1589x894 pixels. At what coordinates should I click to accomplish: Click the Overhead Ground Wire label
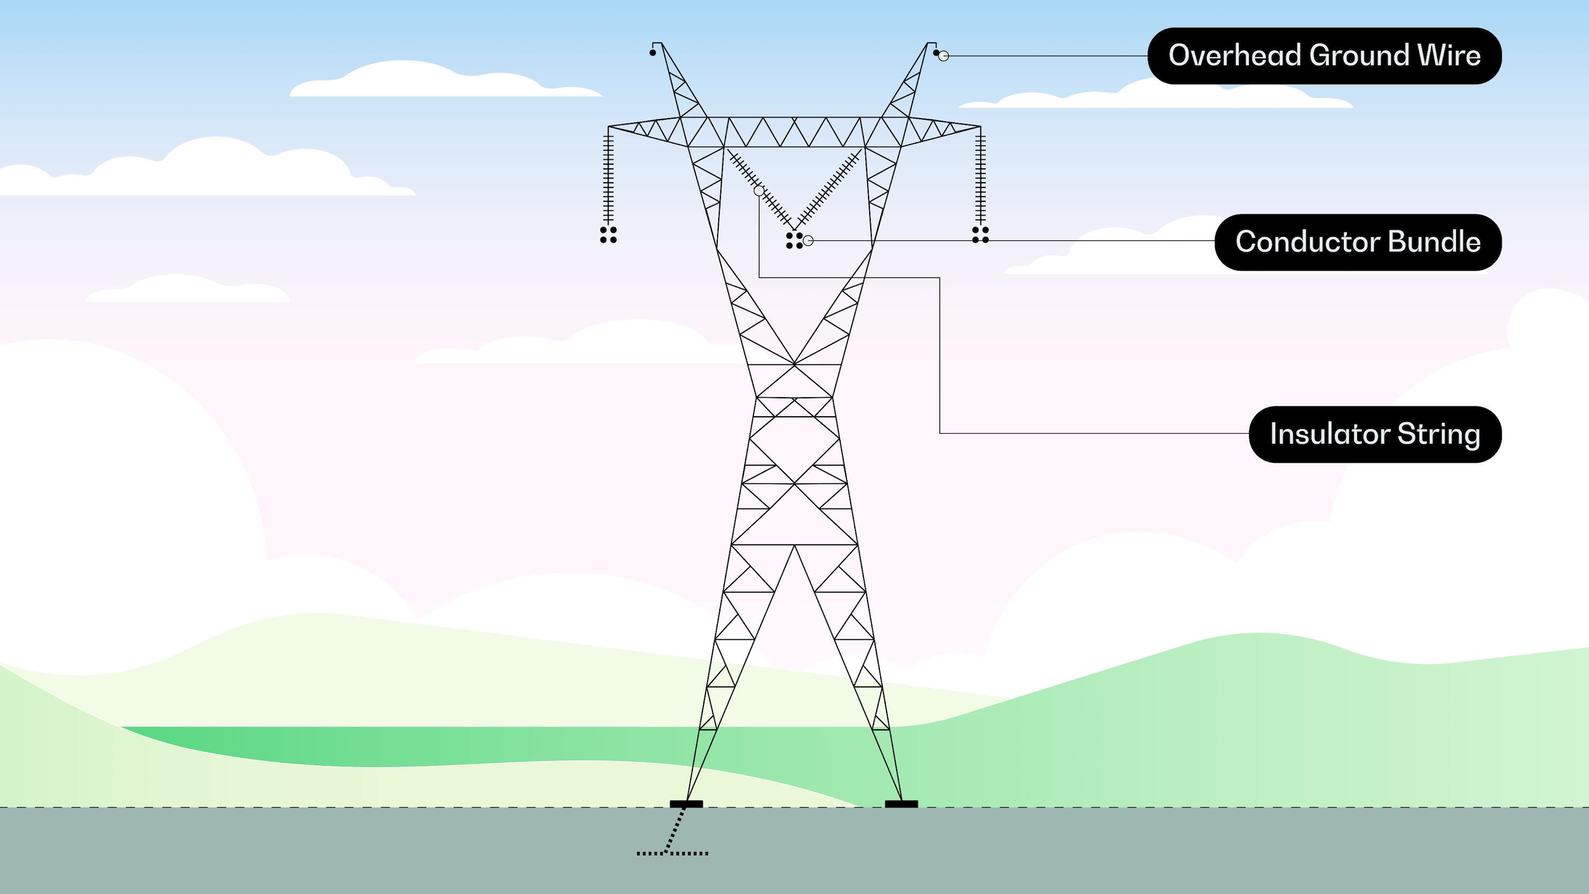(x=1324, y=56)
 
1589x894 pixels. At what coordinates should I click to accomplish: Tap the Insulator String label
(x=1375, y=434)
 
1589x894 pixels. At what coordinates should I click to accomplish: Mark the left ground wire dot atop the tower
(x=653, y=53)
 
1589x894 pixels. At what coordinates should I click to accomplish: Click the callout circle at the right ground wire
(x=943, y=56)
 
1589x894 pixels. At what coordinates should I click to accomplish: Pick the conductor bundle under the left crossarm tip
(x=608, y=235)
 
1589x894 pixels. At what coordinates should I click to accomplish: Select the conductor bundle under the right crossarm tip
(x=980, y=235)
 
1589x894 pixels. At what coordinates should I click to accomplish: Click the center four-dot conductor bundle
(x=794, y=240)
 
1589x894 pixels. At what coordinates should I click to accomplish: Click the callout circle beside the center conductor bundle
(x=808, y=240)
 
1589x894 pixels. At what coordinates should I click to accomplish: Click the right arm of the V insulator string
(x=829, y=189)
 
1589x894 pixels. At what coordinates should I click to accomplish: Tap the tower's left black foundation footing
(x=686, y=804)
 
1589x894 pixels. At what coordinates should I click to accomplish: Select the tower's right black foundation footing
(x=901, y=804)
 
